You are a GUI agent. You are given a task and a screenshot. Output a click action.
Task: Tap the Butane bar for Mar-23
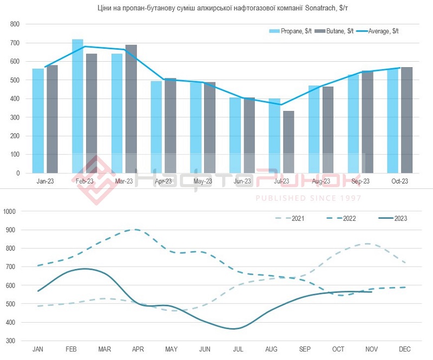click(x=131, y=108)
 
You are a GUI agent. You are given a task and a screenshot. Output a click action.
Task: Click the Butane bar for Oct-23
click(x=406, y=120)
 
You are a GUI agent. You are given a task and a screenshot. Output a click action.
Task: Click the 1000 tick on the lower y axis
click(x=11, y=211)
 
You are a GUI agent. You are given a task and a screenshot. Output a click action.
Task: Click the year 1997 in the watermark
click(x=349, y=198)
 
